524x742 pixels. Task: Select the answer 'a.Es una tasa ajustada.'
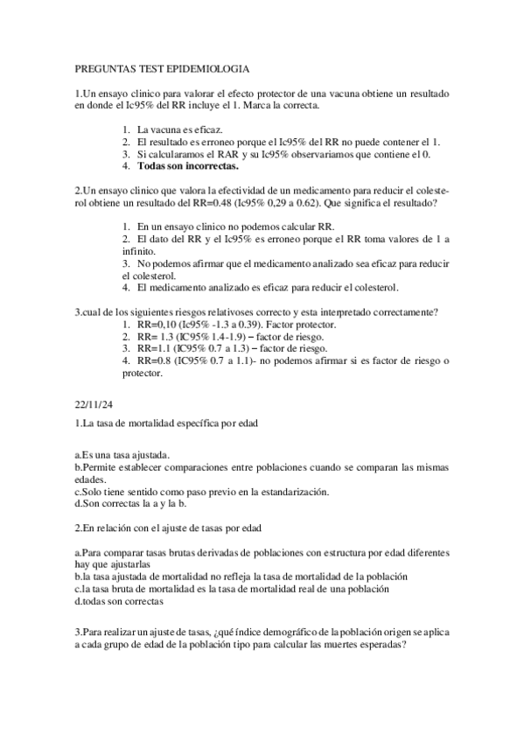123,455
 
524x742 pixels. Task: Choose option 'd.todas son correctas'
119,601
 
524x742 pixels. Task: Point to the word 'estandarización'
286,492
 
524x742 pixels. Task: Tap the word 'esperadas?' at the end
382,644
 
